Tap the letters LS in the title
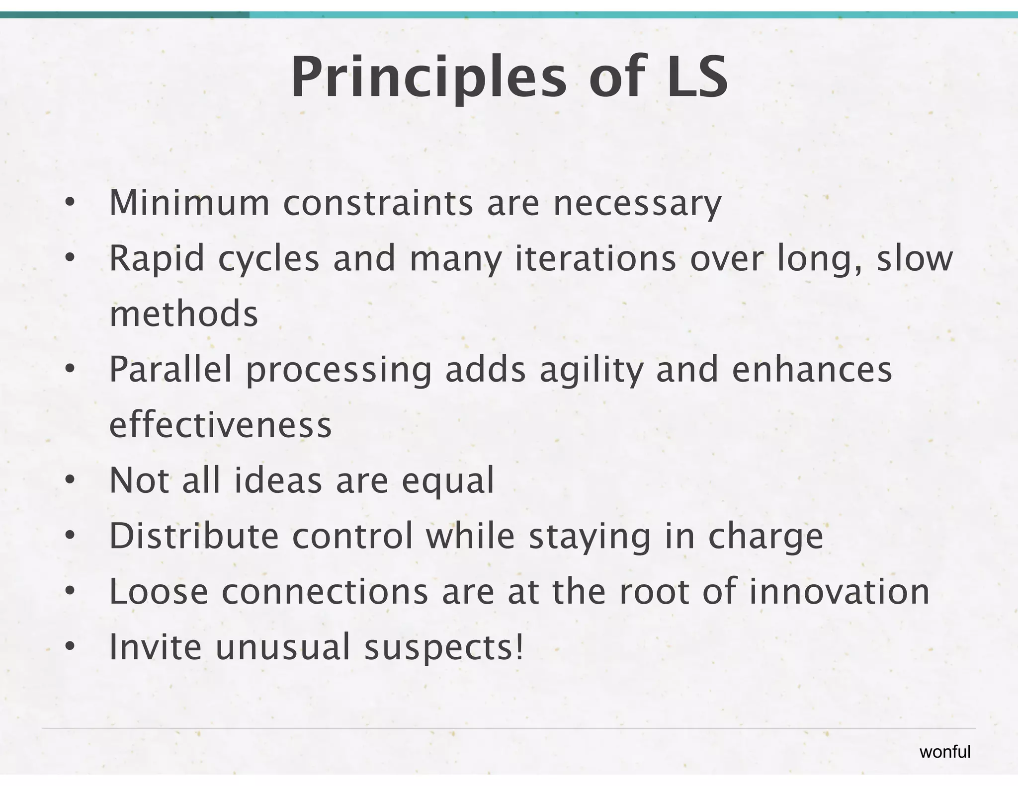pyautogui.click(x=697, y=78)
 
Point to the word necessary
pyautogui.click(x=637, y=204)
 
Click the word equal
pyautogui.click(x=447, y=481)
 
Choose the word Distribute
pyautogui.click(x=194, y=536)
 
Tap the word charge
pyautogui.click(x=765, y=537)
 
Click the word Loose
pyautogui.click(x=159, y=592)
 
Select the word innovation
pyautogui.click(x=839, y=592)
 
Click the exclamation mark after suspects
pyautogui.click(x=519, y=647)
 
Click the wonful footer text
pyautogui.click(x=944, y=752)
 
